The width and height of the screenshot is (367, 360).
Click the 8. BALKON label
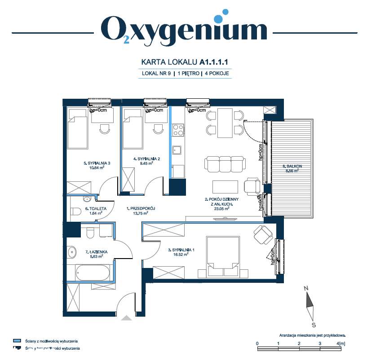point(292,167)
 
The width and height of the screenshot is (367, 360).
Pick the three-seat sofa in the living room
point(226,163)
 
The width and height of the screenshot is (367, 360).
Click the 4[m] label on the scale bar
point(341,343)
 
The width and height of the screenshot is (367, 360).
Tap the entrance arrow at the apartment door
point(127,318)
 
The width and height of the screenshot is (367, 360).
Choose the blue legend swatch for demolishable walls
point(18,341)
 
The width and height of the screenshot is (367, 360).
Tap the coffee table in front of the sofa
point(225,186)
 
